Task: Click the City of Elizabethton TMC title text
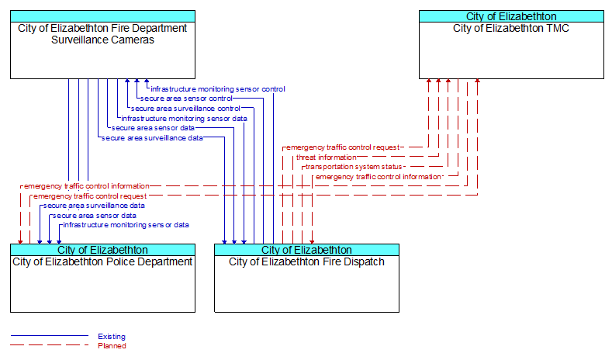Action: [511, 28]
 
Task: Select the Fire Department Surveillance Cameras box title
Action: [102, 34]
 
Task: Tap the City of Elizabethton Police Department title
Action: [102, 261]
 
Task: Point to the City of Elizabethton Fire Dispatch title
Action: [306, 261]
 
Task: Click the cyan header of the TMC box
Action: [511, 16]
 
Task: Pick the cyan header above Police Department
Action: [102, 250]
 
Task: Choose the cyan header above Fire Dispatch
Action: [307, 250]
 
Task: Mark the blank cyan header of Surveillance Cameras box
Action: [102, 16]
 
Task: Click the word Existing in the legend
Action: [112, 336]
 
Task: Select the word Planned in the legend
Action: [112, 345]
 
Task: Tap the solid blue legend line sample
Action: [50, 335]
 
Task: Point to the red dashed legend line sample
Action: [50, 344]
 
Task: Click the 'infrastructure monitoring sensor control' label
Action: [218, 89]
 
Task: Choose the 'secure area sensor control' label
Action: [186, 99]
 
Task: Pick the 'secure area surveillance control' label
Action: [185, 108]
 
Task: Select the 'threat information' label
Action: [326, 157]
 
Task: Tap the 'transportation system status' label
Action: [354, 167]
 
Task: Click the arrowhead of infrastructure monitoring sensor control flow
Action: [147, 81]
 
